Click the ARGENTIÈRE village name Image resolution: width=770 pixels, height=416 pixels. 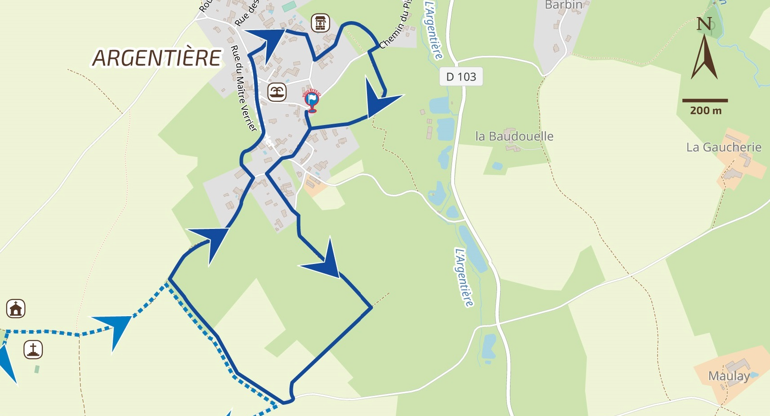point(157,58)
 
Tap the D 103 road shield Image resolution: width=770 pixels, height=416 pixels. point(461,77)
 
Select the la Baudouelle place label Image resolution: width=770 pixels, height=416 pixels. point(514,136)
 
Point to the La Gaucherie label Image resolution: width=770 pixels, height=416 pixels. point(723,148)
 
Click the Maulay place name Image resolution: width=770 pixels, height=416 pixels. point(729,376)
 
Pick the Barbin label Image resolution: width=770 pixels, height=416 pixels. point(564,5)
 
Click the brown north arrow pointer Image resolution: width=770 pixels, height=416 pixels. point(704,58)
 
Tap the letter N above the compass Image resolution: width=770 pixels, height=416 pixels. point(704,24)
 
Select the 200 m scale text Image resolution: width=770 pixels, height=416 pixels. point(705,111)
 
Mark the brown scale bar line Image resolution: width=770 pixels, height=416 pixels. point(705,100)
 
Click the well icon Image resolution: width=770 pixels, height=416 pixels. point(320,23)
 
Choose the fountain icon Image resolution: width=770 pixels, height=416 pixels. point(277,92)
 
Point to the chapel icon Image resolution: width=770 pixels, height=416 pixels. point(16,309)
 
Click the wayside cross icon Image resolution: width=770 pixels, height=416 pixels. point(33,349)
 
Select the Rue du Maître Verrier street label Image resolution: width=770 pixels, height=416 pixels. point(243,88)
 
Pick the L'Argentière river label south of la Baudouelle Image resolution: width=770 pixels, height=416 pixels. point(464,277)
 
